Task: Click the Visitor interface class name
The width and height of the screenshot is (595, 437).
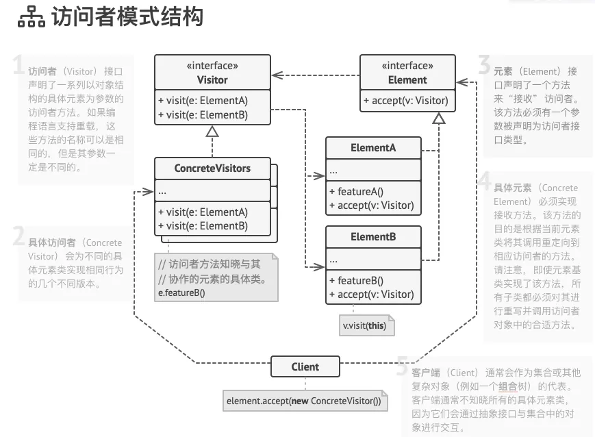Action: tap(212, 79)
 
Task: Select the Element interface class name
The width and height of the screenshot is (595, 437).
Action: tap(407, 79)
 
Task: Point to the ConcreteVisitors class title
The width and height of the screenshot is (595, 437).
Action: tap(212, 168)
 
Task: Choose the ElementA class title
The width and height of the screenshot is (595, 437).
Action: tap(373, 147)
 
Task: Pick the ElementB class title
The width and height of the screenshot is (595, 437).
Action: tap(373, 238)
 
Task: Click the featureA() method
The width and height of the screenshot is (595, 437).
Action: tap(356, 192)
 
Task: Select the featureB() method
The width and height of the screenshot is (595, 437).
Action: tap(356, 281)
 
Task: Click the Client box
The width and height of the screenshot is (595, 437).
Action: tap(305, 366)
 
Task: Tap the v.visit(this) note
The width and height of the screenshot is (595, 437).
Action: tap(364, 326)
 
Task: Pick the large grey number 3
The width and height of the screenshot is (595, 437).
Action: tap(485, 65)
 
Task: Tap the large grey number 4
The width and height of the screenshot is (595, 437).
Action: tap(485, 182)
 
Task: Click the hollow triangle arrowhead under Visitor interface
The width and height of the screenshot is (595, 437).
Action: tap(212, 131)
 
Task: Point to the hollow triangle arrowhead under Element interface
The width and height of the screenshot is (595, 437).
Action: tap(439, 118)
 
